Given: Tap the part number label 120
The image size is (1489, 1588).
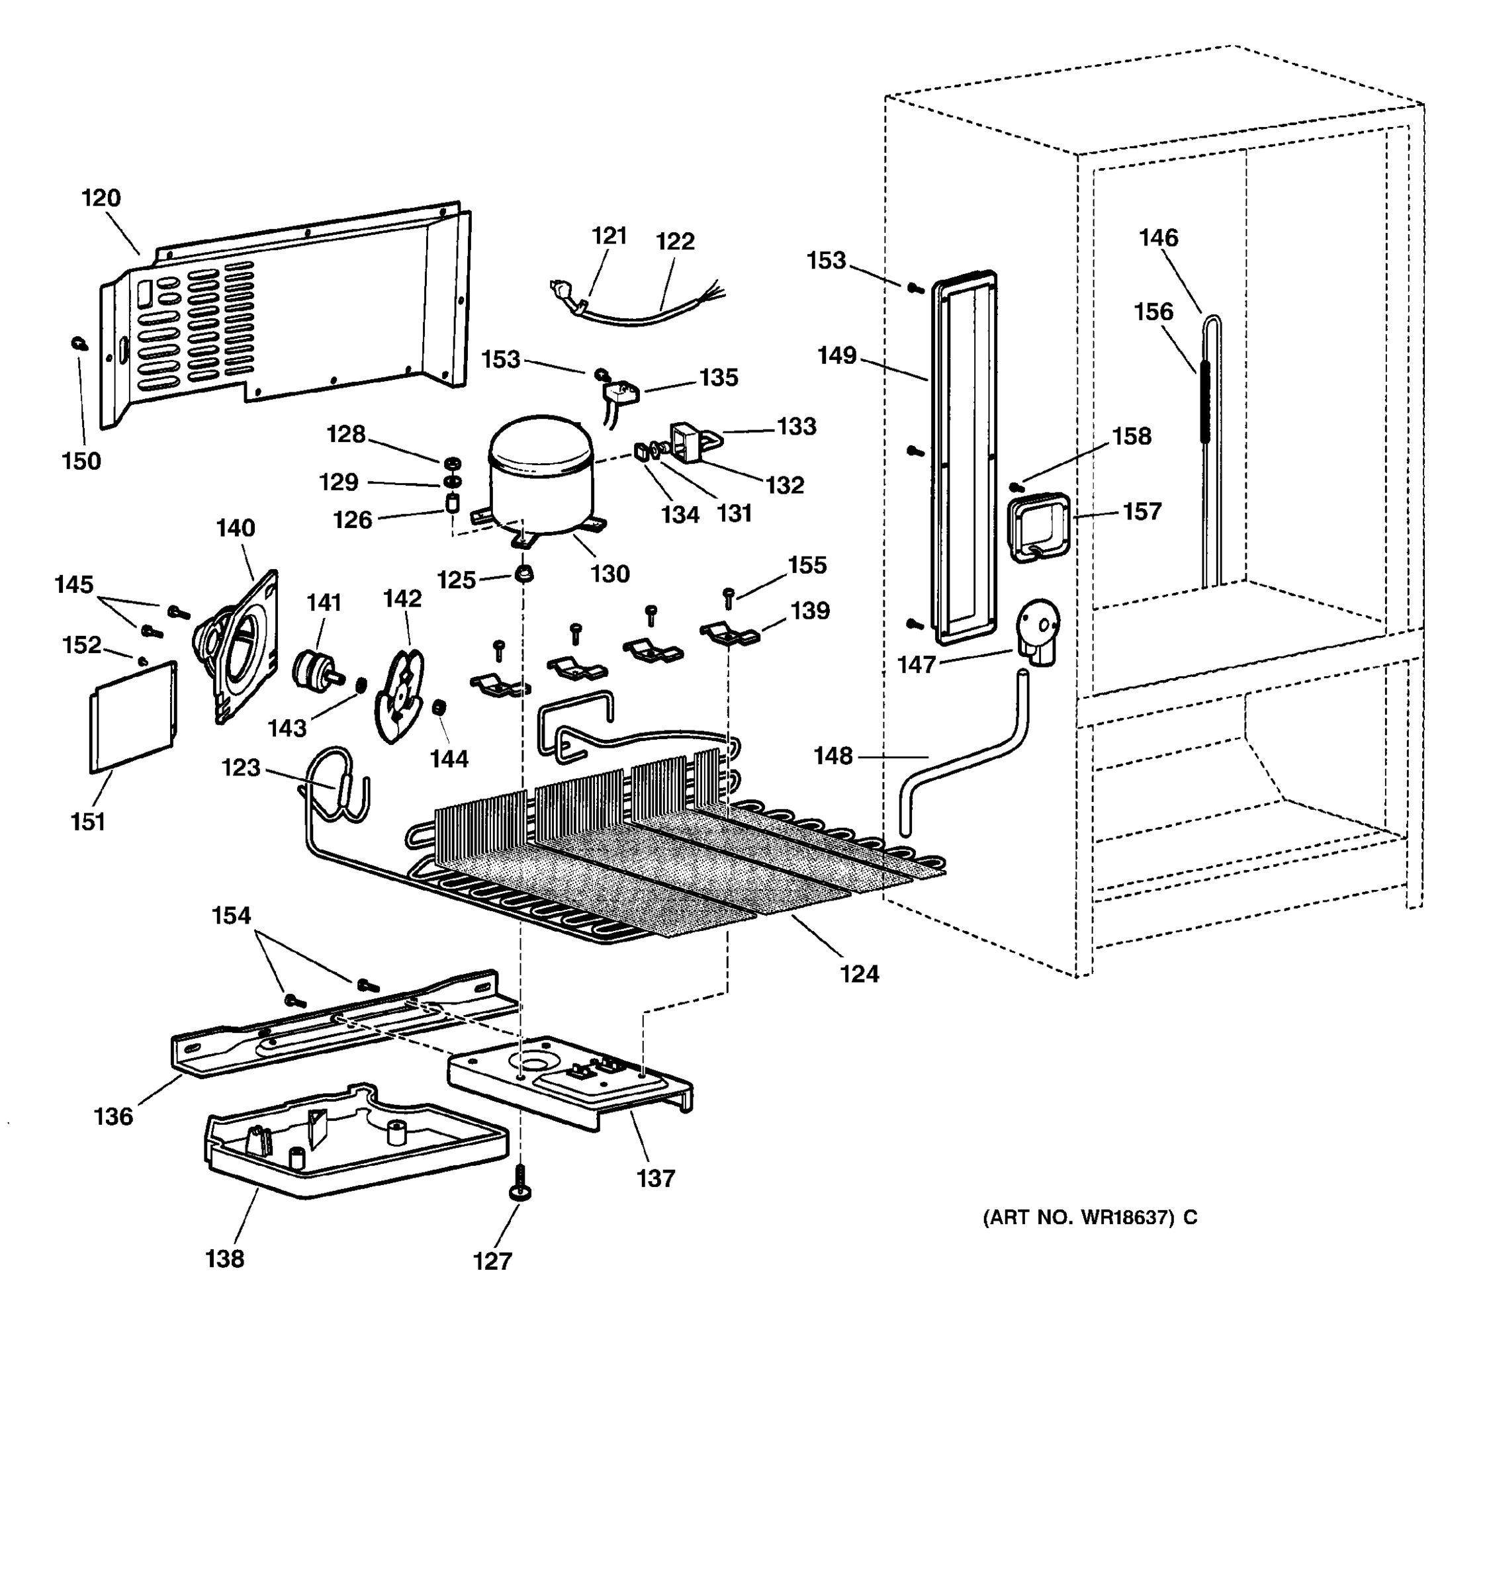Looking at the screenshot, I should [101, 198].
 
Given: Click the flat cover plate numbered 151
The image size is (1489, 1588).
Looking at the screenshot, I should [132, 717].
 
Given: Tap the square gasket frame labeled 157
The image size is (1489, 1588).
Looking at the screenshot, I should [1038, 527].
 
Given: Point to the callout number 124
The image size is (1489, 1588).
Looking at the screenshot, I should [859, 974].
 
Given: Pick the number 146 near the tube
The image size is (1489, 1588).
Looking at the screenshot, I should [1157, 238].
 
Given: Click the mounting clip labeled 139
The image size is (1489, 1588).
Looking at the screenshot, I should [729, 635].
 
